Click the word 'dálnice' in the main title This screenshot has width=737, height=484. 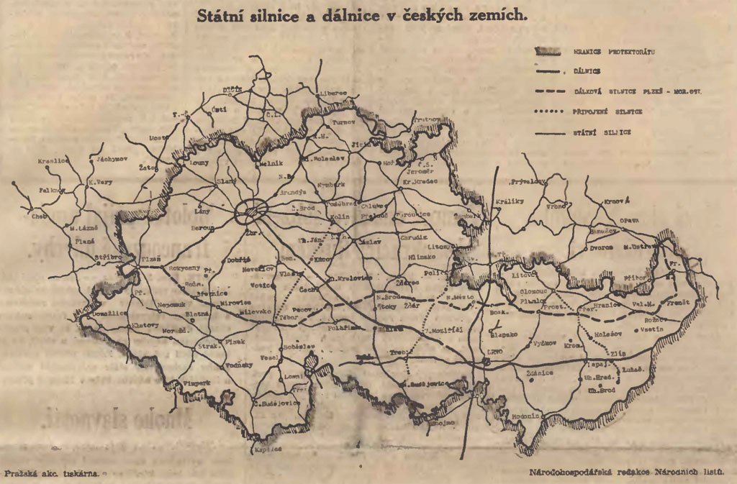coord(366,16)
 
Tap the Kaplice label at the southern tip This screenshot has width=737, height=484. coord(268,449)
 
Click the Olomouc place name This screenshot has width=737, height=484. coord(533,292)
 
